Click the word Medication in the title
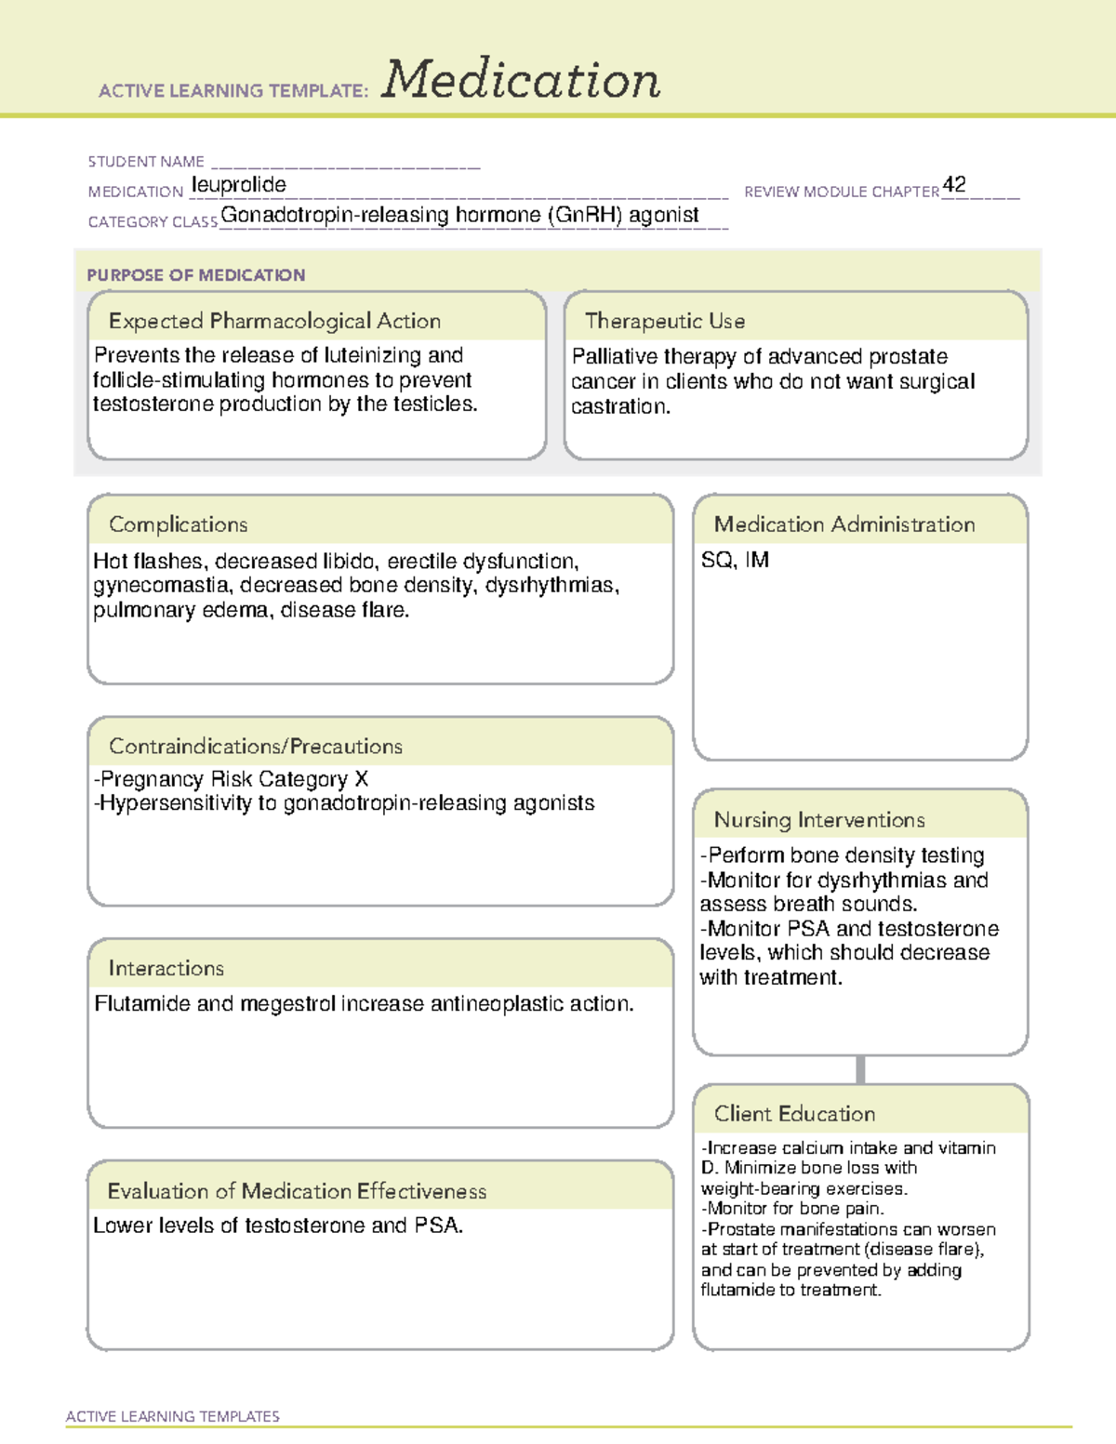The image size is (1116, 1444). [521, 80]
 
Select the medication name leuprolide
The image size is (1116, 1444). [239, 185]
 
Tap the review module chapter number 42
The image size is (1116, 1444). [954, 184]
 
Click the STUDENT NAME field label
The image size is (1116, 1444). [146, 162]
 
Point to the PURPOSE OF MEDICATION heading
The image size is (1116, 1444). [196, 275]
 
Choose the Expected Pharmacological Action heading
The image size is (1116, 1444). [274, 321]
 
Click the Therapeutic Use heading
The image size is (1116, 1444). [665, 321]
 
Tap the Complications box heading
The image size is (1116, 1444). [179, 524]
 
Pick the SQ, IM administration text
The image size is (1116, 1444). [735, 560]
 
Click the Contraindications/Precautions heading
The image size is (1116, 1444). [256, 746]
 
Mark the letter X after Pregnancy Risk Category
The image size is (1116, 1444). [362, 779]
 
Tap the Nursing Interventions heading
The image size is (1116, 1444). [819, 820]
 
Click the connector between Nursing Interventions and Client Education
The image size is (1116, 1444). [860, 1069]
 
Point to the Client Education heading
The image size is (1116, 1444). [794, 1114]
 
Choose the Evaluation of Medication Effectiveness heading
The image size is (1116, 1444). [297, 1191]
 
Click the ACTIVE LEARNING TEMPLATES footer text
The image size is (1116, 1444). [173, 1416]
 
